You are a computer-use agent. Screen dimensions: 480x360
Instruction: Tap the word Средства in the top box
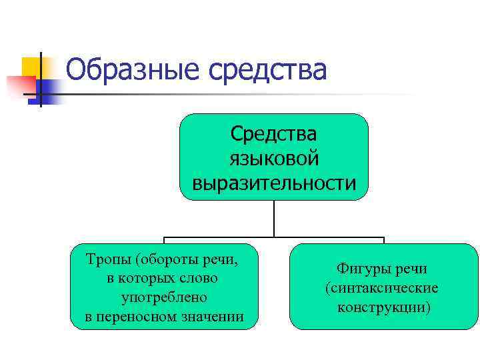coord(274,133)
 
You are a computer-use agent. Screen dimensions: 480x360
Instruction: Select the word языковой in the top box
coord(274,158)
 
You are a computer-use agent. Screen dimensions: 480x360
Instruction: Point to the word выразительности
coord(274,182)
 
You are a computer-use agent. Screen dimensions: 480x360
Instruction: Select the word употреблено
coord(164,297)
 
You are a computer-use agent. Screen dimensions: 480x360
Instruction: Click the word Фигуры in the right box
coord(361,270)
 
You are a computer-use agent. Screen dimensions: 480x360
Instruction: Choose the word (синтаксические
coord(381,289)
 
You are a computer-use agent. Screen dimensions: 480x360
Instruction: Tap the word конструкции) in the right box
coord(383,307)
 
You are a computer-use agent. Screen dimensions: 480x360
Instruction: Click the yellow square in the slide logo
coord(31,67)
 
